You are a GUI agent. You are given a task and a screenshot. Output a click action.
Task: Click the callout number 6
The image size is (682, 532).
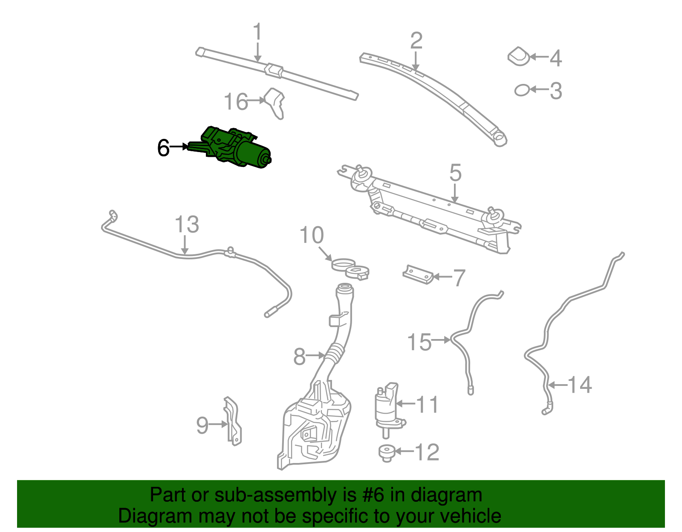(x=163, y=148)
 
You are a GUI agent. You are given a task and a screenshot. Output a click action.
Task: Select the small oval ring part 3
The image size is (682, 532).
(x=522, y=90)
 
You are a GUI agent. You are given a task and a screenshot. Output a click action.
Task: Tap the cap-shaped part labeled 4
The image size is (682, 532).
(x=519, y=56)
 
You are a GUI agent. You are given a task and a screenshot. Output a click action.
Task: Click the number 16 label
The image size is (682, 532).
(x=236, y=102)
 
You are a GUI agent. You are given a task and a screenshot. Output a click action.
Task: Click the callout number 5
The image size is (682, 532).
(x=455, y=173)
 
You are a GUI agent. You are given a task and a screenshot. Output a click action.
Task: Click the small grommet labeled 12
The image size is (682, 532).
(x=387, y=452)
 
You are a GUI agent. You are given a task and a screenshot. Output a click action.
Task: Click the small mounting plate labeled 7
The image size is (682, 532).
(x=418, y=275)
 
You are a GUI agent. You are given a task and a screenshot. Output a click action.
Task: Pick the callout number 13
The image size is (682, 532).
(x=187, y=224)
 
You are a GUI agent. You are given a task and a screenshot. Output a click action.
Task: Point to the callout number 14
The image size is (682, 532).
(x=580, y=385)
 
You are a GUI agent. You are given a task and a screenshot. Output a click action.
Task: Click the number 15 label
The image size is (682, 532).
(x=419, y=342)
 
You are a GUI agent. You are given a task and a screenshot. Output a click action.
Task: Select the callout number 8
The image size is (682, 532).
(x=300, y=356)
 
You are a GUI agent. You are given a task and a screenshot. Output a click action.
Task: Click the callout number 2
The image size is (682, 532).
(x=416, y=40)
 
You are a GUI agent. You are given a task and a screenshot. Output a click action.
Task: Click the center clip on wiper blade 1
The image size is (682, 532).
(x=274, y=70)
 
